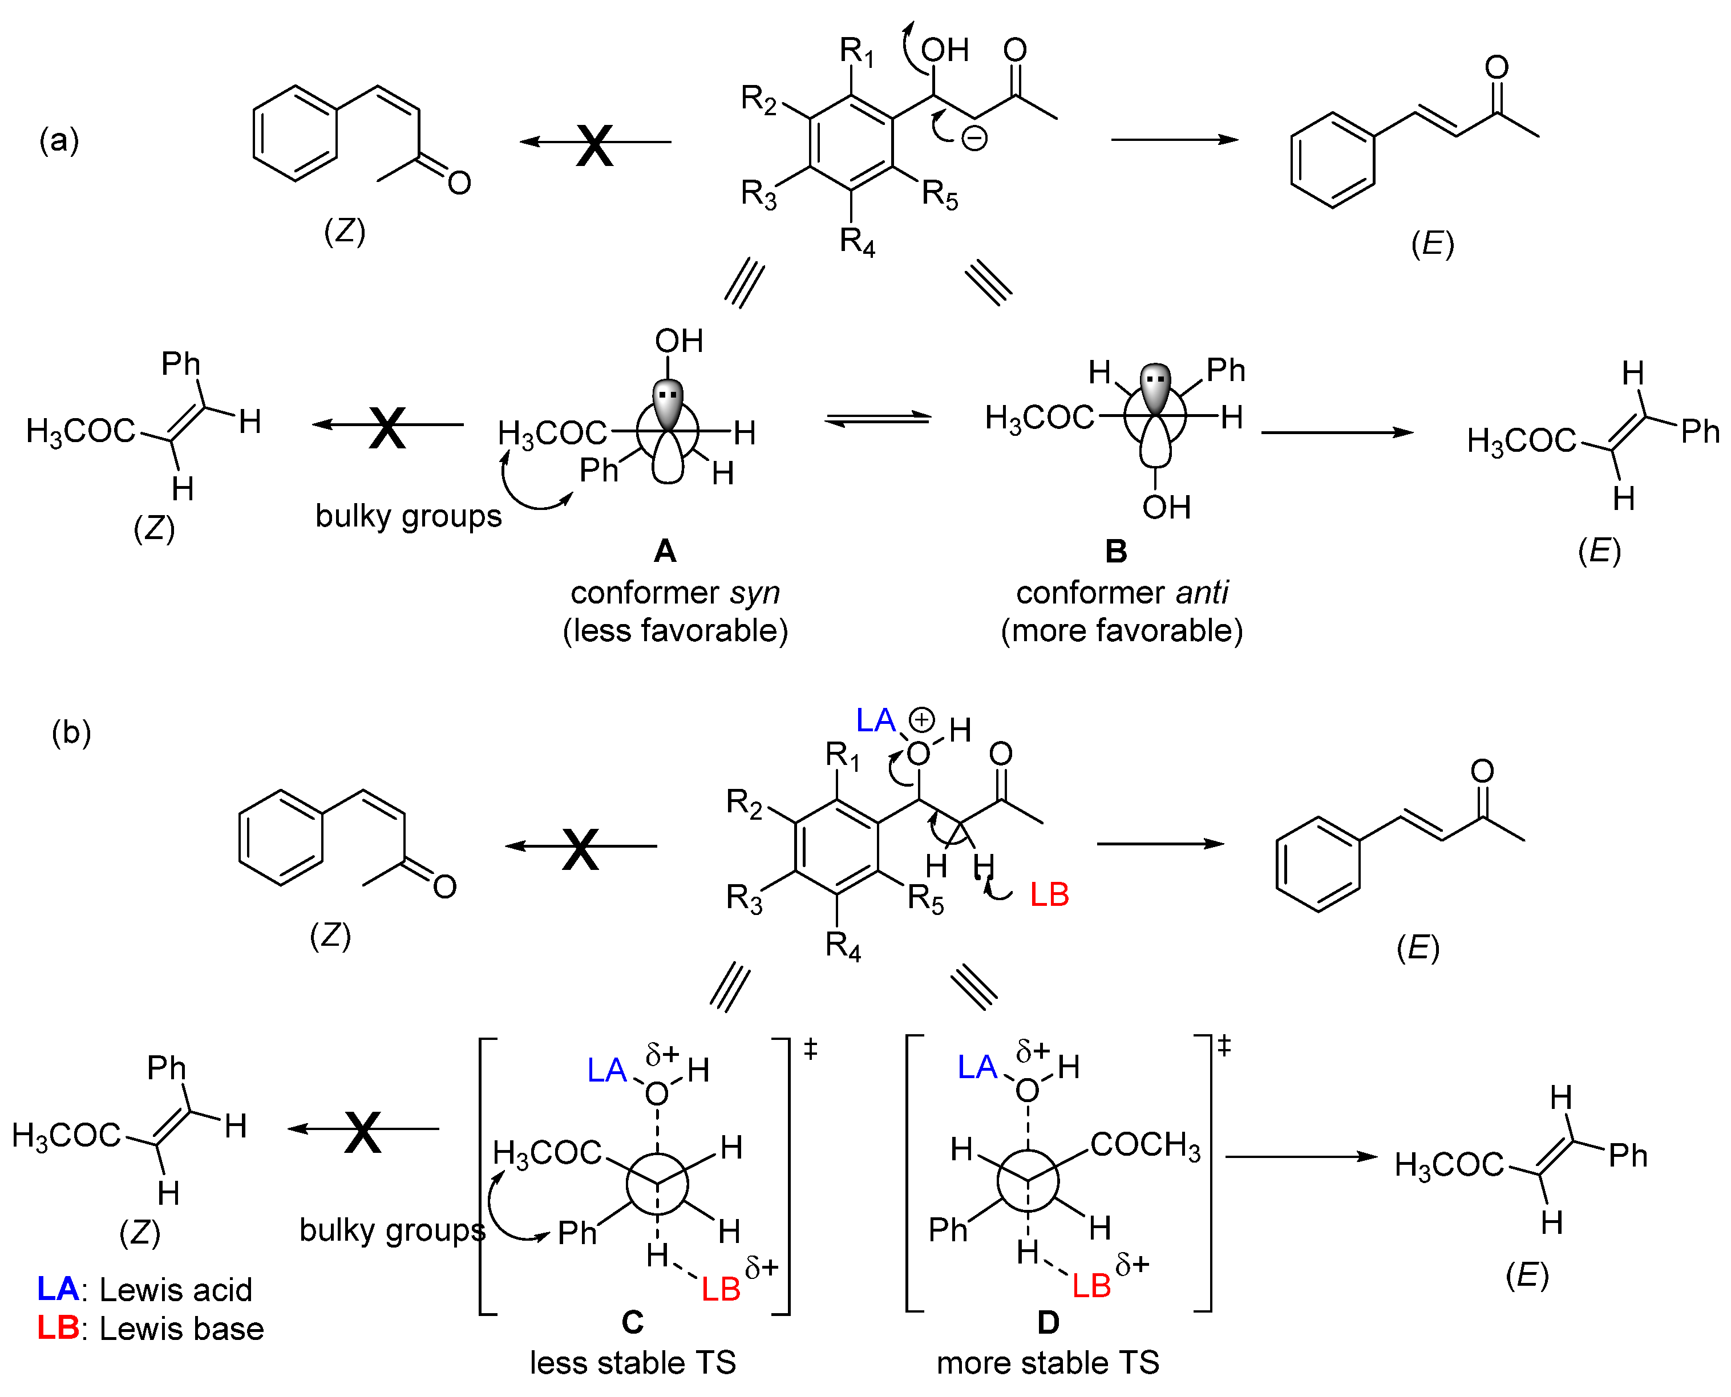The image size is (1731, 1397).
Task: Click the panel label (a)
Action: pyautogui.click(x=59, y=141)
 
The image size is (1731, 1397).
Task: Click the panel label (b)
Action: pyautogui.click(x=71, y=732)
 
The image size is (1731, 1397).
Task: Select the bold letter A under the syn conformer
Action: pyautogui.click(x=665, y=551)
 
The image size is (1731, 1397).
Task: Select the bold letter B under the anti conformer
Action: pyautogui.click(x=1116, y=551)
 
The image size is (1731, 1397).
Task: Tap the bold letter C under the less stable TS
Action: pyautogui.click(x=633, y=1322)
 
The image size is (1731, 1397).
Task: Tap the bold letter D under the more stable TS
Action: pyautogui.click(x=1048, y=1322)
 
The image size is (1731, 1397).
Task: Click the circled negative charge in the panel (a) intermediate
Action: pyautogui.click(x=974, y=139)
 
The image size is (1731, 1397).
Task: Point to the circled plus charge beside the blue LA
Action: pyautogui.click(x=921, y=719)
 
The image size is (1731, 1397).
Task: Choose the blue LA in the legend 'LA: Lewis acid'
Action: pyautogui.click(x=57, y=1289)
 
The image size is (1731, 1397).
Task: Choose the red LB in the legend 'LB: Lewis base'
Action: pyautogui.click(x=57, y=1329)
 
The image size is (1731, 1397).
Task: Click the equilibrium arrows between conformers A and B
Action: pyautogui.click(x=878, y=419)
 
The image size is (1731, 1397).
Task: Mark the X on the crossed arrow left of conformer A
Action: pyautogui.click(x=387, y=427)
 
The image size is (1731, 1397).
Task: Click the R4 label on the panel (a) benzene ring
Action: pyautogui.click(x=857, y=241)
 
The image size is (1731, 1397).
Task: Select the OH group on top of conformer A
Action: pyautogui.click(x=678, y=341)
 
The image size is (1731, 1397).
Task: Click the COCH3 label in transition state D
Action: pyautogui.click(x=1144, y=1144)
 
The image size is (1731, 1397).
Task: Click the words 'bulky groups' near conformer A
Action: pyautogui.click(x=408, y=516)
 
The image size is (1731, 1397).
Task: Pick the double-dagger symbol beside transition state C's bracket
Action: pyautogui.click(x=810, y=1050)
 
